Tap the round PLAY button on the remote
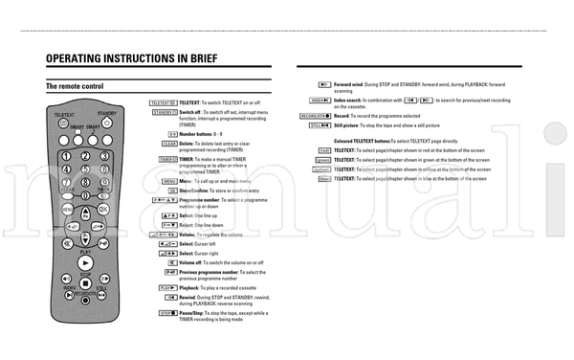coord(86,260)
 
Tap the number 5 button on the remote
coord(85,169)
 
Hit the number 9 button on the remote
coord(103,181)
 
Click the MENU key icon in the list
coord(169,180)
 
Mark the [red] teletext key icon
coord(325,151)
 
